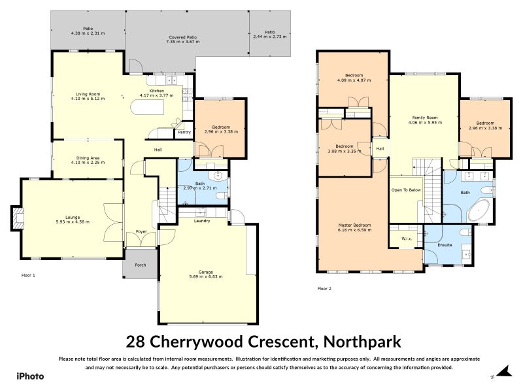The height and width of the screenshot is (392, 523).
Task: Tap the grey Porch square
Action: pyautogui.click(x=140, y=264)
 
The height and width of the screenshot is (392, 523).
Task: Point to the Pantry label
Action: pyautogui.click(x=184, y=132)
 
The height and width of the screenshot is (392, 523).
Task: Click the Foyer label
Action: pyautogui.click(x=141, y=232)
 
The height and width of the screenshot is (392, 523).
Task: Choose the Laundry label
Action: pyautogui.click(x=202, y=221)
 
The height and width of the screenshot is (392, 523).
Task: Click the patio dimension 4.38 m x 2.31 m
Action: pyautogui.click(x=88, y=33)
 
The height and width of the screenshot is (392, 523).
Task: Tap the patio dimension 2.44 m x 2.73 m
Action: pyautogui.click(x=270, y=37)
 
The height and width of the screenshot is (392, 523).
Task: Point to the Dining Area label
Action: pyautogui.click(x=88, y=159)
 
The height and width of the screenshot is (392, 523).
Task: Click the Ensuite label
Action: pyautogui.click(x=446, y=246)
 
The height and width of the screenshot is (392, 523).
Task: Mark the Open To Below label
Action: pyautogui.click(x=406, y=190)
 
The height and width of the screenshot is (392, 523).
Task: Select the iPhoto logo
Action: pyautogui.click(x=30, y=376)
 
